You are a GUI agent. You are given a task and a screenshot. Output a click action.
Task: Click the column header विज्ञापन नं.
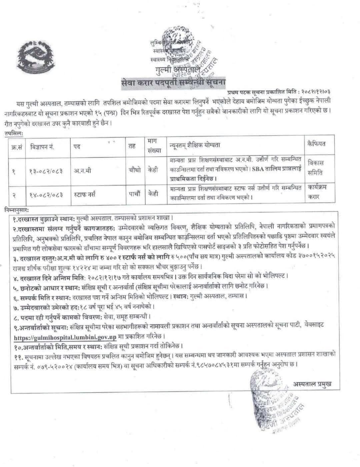(x=42, y=146)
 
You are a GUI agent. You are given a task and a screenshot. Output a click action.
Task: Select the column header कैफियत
(x=316, y=144)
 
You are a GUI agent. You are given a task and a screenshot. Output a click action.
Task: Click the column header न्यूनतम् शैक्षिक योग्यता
(x=195, y=145)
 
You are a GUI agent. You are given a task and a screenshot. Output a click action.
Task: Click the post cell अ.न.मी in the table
(x=82, y=171)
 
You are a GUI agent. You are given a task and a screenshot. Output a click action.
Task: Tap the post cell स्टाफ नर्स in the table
(x=85, y=194)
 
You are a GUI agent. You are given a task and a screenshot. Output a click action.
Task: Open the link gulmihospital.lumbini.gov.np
(x=65, y=337)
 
